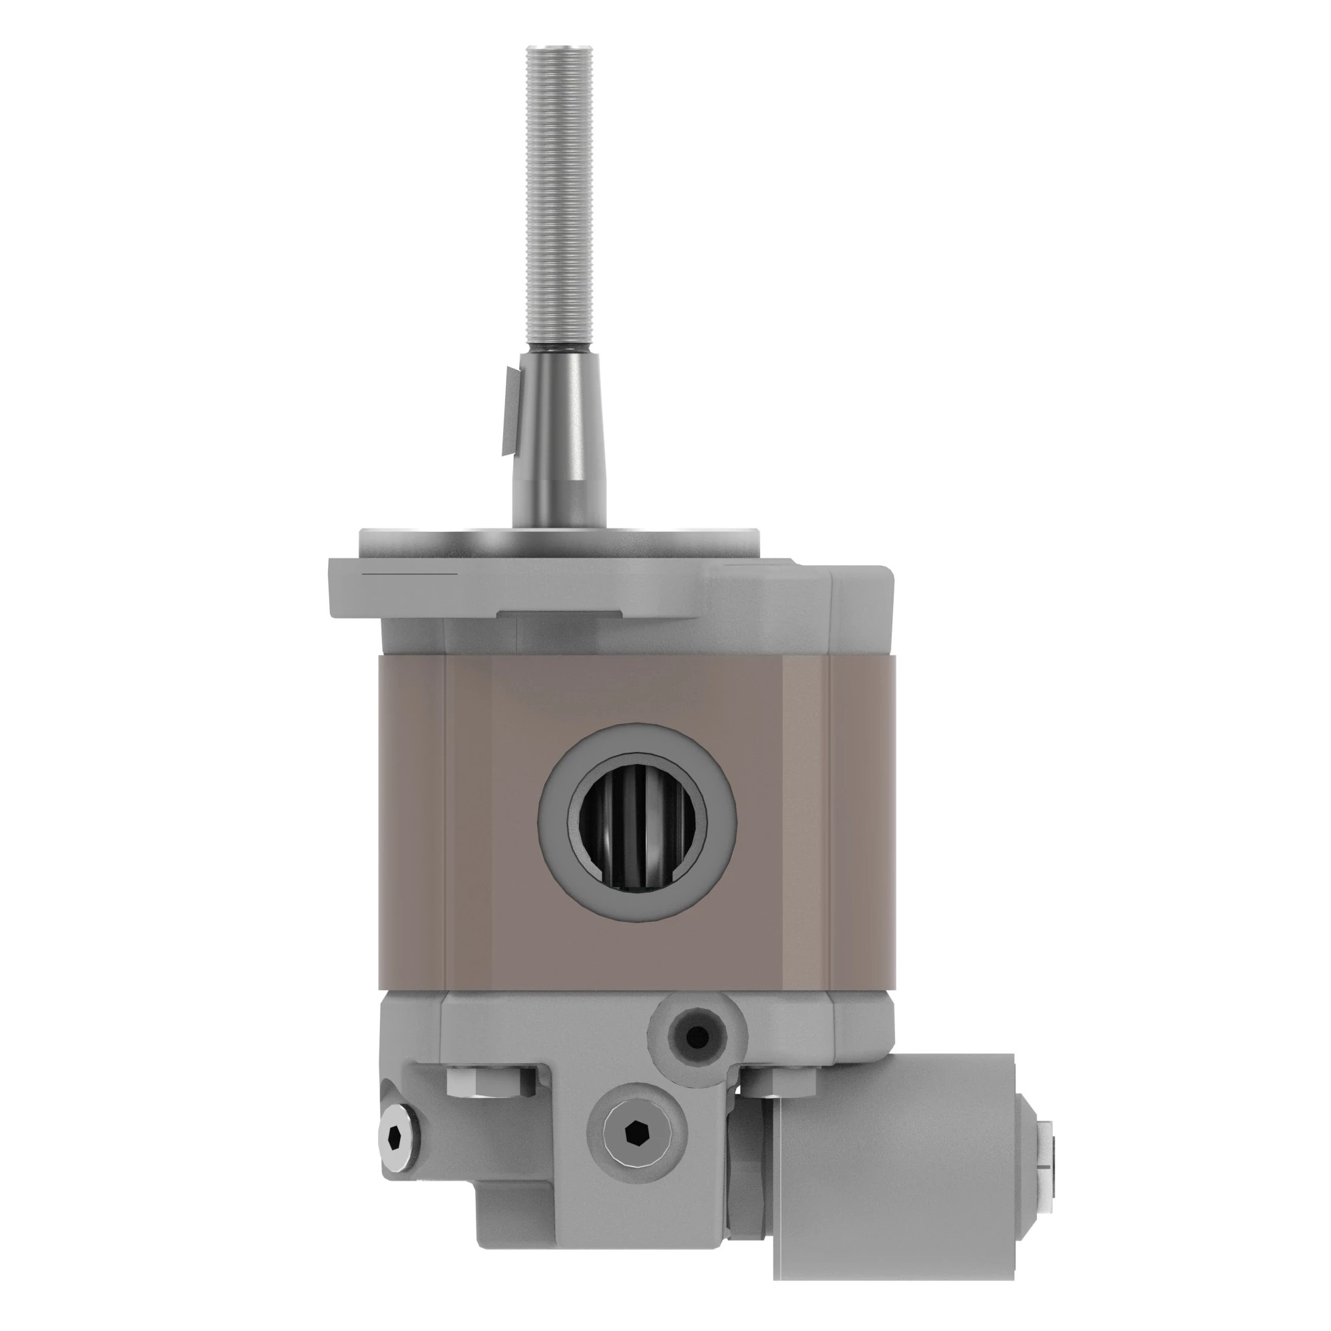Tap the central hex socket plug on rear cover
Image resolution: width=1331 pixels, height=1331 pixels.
635,1130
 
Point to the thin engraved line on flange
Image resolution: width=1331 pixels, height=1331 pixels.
410,573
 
